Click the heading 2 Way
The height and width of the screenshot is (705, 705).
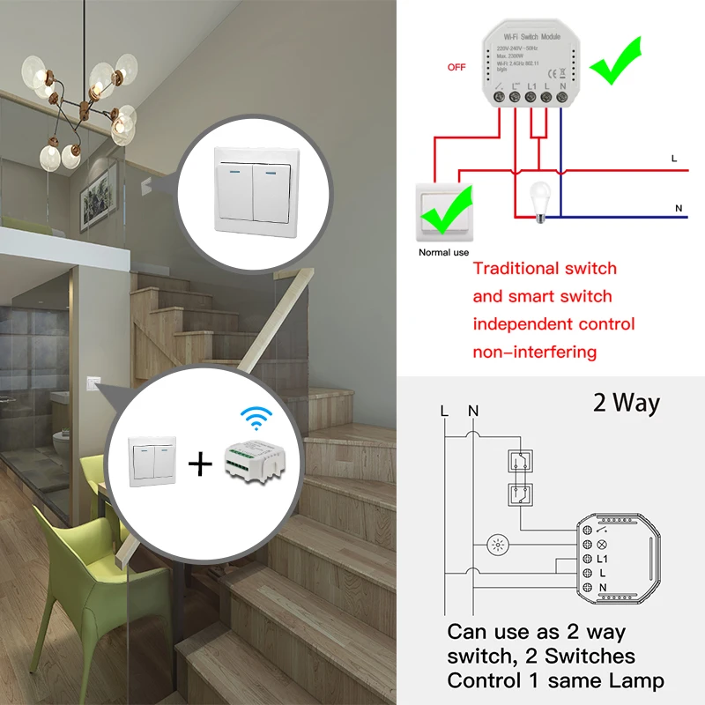tap(627, 404)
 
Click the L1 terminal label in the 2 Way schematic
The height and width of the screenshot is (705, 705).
tap(604, 559)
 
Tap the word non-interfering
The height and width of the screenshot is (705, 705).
tap(535, 352)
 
